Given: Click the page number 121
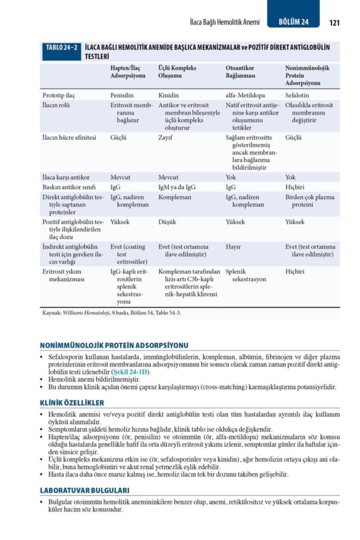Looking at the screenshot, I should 334,22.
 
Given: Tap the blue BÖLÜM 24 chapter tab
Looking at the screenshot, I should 293,22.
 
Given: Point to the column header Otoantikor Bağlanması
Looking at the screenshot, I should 241,72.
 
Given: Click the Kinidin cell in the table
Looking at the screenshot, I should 168,96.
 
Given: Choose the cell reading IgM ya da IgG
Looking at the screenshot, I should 177,187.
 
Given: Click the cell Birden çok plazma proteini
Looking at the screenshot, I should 309,201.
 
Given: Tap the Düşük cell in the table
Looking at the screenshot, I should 168,222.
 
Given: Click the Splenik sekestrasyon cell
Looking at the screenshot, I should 246,275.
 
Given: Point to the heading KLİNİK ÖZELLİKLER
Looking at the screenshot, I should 72,403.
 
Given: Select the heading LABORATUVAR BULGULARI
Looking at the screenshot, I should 84,490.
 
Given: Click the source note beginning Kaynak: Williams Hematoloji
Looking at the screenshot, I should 112,313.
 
